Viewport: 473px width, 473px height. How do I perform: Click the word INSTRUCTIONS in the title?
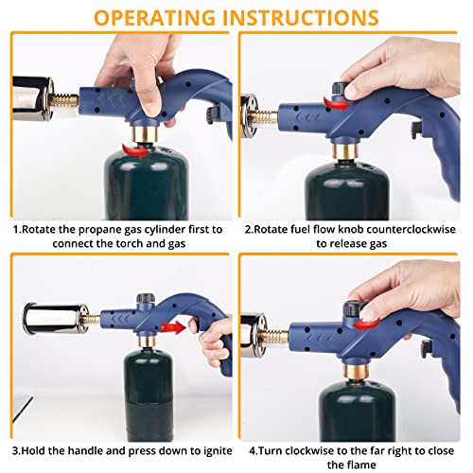(x=301, y=18)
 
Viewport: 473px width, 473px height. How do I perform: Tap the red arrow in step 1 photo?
(x=135, y=150)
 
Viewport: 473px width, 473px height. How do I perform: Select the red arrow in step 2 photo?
(x=337, y=103)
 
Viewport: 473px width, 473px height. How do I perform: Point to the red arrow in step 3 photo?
(x=173, y=328)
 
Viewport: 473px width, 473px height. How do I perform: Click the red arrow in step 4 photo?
(x=366, y=324)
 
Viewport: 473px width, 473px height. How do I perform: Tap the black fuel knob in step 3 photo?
(x=146, y=298)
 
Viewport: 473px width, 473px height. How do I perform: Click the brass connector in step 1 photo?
(x=145, y=134)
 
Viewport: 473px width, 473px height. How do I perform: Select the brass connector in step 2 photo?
(x=346, y=151)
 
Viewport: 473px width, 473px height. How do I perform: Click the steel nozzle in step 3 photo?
(x=56, y=319)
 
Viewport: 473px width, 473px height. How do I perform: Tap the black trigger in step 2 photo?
(x=417, y=131)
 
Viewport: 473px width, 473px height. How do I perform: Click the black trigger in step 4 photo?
(x=427, y=349)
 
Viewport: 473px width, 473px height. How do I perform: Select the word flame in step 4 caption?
(x=361, y=465)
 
